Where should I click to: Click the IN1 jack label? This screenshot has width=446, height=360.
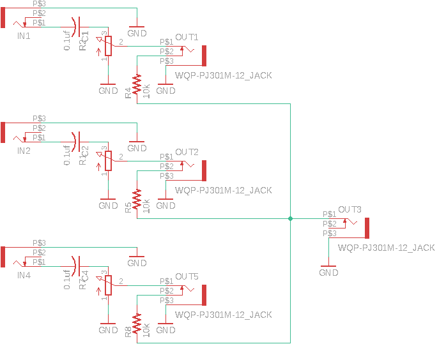pos(24,36)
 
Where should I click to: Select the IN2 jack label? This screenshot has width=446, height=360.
pos(24,151)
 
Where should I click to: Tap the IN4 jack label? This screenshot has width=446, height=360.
pos(24,276)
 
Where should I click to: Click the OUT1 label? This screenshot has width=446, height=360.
pos(187,36)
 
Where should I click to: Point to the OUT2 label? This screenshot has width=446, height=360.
pos(187,151)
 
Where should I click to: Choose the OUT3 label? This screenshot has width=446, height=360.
pos(350,209)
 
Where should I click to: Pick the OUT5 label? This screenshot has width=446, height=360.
pos(187,276)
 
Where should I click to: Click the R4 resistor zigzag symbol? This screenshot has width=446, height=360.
pos(137,83)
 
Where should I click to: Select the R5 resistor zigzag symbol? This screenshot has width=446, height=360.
pos(137,198)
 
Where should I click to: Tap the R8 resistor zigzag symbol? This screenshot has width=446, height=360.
pos(137,322)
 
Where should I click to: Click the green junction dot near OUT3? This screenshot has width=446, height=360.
pos(290,219)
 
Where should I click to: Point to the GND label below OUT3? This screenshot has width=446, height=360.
pos(328,273)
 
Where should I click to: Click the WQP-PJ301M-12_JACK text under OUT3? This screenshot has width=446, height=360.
pos(386,248)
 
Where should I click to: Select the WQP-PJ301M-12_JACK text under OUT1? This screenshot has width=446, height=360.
pos(223,75)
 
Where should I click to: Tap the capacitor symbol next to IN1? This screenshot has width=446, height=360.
pos(76,27)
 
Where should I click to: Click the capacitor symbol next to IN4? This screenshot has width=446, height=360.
pos(76,266)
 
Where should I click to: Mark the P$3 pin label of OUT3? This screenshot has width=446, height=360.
pos(329,234)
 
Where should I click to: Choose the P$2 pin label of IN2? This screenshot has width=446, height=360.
pos(39,128)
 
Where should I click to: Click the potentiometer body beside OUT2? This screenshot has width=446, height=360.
pos(108,161)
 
